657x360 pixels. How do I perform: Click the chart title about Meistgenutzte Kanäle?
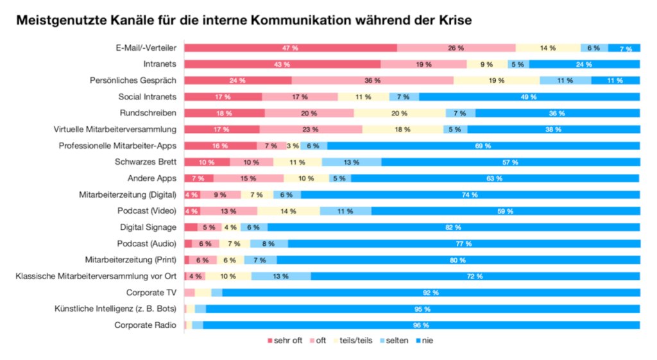243,21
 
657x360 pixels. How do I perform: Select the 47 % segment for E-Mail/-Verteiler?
290,48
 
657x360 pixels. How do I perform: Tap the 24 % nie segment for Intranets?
583,64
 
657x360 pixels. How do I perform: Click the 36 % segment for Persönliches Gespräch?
372,81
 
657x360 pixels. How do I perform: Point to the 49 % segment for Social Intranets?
529,97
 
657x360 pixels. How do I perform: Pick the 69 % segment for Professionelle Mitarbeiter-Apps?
482,146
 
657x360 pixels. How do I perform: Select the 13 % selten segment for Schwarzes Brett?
351,162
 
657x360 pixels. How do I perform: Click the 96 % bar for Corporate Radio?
421,325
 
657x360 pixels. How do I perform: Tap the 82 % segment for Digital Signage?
453,227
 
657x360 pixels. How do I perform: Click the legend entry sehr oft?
283,340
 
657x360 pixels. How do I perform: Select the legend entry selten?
393,340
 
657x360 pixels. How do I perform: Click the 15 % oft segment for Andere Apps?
248,178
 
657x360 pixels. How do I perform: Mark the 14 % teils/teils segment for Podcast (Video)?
288,211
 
